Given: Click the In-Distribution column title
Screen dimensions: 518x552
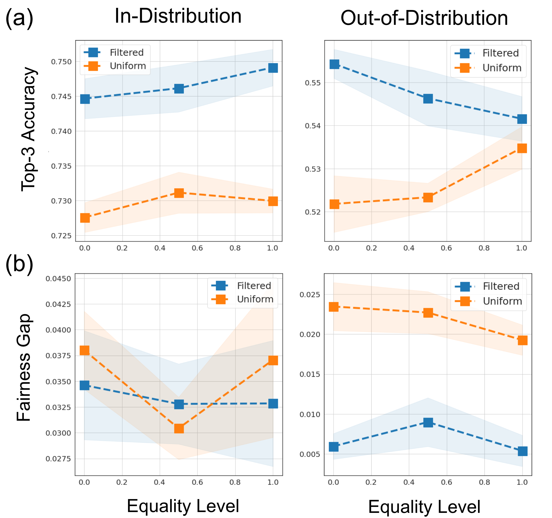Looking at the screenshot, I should (178, 16).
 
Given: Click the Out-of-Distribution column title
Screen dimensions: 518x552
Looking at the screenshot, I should (424, 18).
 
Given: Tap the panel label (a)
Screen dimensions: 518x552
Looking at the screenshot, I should (19, 18).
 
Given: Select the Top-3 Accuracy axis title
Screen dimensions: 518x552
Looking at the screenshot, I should (29, 129).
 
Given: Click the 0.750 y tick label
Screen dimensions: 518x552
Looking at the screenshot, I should (61, 62).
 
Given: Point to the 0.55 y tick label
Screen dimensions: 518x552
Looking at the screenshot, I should (313, 83).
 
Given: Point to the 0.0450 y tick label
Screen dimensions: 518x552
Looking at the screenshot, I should (58, 279).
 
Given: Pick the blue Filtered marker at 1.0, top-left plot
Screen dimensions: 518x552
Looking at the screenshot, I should (273, 68).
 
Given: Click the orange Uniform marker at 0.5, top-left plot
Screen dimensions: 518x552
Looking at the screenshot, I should (179, 193).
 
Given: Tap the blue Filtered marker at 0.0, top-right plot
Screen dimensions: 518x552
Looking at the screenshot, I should (334, 64).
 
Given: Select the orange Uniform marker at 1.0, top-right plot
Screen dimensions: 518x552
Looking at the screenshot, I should (522, 148).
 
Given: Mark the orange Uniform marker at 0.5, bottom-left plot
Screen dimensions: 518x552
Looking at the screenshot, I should (179, 429).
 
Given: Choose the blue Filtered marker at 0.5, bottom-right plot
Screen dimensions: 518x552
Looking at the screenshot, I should (428, 422).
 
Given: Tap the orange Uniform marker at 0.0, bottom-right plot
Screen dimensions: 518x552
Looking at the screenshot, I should (334, 307).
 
